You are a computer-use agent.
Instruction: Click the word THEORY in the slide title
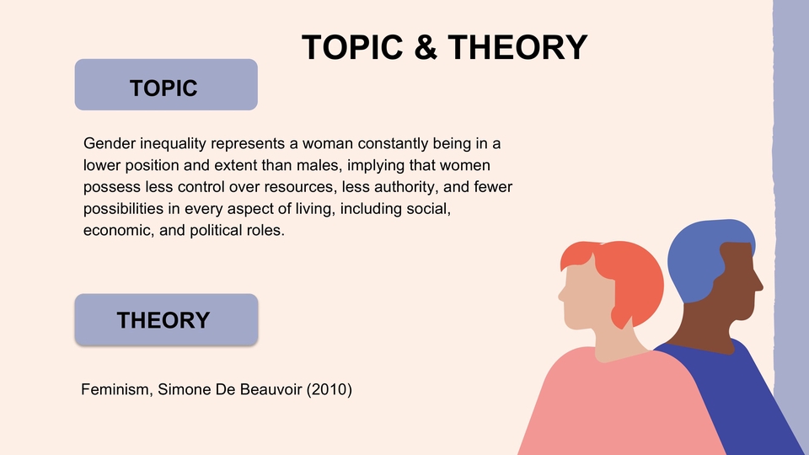click(x=517, y=47)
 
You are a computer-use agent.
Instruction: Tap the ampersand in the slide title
click(x=426, y=47)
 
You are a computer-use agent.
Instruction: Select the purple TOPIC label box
click(x=166, y=85)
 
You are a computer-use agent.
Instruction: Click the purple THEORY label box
click(x=166, y=319)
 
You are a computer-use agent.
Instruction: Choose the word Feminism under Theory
click(x=115, y=390)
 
